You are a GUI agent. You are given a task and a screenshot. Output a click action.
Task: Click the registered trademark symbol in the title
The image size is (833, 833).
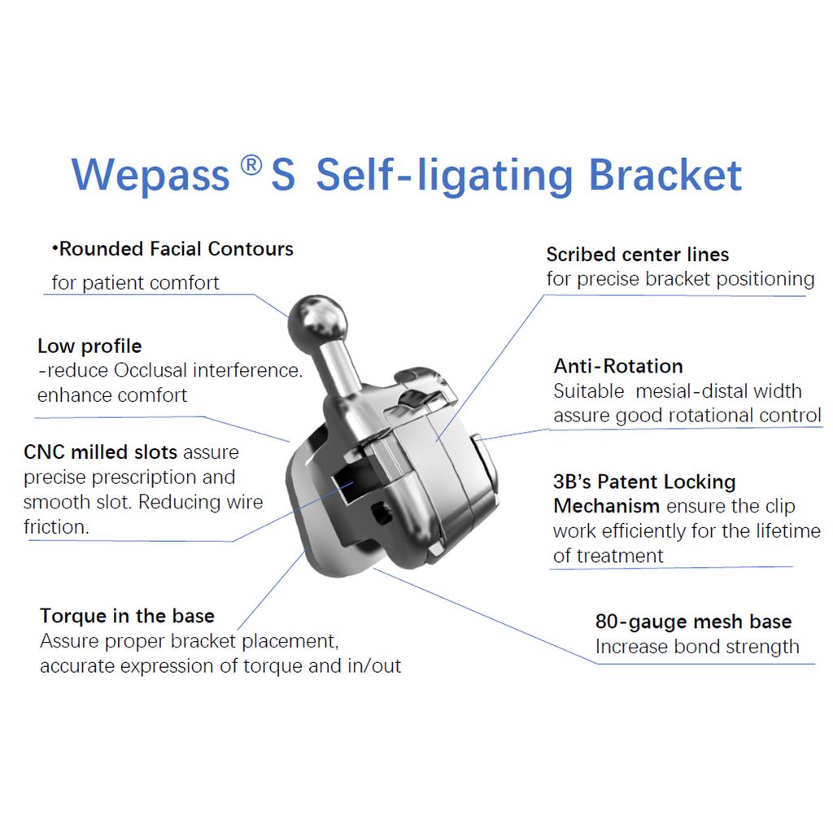pyautogui.click(x=251, y=165)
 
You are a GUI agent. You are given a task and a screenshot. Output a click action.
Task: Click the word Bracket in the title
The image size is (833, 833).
pyautogui.click(x=665, y=175)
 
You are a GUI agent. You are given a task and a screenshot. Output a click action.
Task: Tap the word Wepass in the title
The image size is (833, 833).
pyautogui.click(x=150, y=176)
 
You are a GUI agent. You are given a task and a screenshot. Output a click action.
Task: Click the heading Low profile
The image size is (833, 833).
pyautogui.click(x=89, y=347)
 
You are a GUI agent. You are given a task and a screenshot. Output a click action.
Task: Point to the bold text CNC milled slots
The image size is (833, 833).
pyautogui.click(x=100, y=452)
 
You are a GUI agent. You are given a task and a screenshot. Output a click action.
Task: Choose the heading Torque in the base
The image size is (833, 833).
pyautogui.click(x=128, y=616)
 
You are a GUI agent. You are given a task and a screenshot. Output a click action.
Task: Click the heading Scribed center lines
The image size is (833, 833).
pyautogui.click(x=638, y=255)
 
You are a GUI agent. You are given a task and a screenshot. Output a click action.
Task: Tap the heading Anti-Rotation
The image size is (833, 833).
pyautogui.click(x=618, y=366)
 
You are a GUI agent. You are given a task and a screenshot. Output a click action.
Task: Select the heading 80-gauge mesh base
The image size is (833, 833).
pyautogui.click(x=693, y=621)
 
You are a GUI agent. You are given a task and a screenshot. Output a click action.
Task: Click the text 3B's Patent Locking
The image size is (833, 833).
pyautogui.click(x=644, y=482)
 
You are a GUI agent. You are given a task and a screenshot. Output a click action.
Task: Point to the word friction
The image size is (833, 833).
pyautogui.click(x=56, y=527)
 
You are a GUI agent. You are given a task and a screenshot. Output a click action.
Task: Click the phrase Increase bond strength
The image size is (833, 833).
pyautogui.click(x=697, y=647)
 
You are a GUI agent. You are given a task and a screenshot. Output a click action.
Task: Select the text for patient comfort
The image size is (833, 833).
pyautogui.click(x=136, y=282)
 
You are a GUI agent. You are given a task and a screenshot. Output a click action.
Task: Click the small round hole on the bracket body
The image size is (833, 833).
pyautogui.click(x=382, y=512)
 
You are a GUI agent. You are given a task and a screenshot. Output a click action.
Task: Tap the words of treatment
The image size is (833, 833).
pyautogui.click(x=608, y=556)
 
